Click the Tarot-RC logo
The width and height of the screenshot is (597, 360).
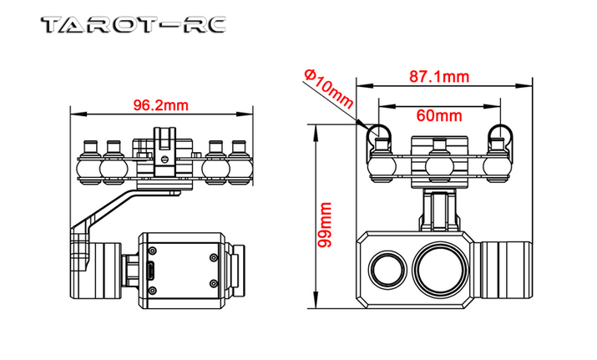pyautogui.click(x=134, y=25)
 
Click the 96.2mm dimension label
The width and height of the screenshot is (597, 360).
pyautogui.click(x=160, y=105)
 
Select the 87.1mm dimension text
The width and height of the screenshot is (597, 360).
pyautogui.click(x=439, y=77)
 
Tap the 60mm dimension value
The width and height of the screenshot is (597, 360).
pyautogui.click(x=439, y=115)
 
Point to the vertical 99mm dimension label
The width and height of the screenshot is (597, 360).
pyautogui.click(x=325, y=225)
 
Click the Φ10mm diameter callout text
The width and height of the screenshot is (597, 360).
pyautogui.click(x=329, y=89)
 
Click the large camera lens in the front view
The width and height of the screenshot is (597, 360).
pyautogui.click(x=441, y=268)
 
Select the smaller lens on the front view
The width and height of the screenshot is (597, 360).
pyautogui.click(x=387, y=269)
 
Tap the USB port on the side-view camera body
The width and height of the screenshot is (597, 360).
pyautogui.click(x=151, y=271)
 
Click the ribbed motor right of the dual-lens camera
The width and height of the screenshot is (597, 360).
pyautogui.click(x=502, y=269)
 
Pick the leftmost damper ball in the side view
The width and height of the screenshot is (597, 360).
pyautogui.click(x=88, y=168)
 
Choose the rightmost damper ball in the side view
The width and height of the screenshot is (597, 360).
pyautogui.click(x=240, y=168)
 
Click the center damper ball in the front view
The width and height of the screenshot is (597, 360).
pyautogui.click(x=439, y=166)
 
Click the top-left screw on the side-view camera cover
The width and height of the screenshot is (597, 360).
pyautogui.click(x=153, y=251)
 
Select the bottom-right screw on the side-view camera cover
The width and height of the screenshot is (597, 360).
pyautogui.click(x=214, y=284)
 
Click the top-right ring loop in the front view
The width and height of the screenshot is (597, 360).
pyautogui.click(x=499, y=134)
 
